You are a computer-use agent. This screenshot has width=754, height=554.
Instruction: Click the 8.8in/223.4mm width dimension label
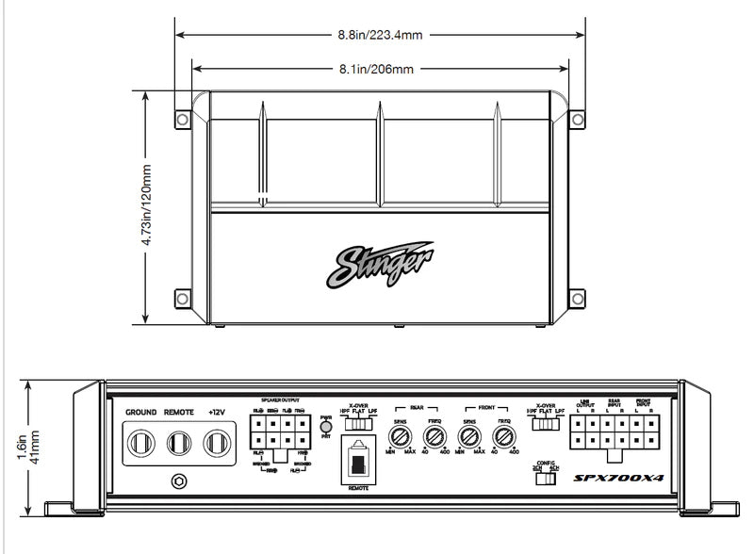click(380, 35)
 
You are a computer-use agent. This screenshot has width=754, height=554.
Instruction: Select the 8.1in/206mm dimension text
click(380, 69)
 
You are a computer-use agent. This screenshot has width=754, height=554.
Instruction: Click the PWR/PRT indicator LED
click(326, 428)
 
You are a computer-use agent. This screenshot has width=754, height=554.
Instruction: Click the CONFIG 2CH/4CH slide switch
click(543, 479)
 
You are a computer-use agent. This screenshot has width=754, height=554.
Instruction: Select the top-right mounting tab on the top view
click(576, 119)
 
